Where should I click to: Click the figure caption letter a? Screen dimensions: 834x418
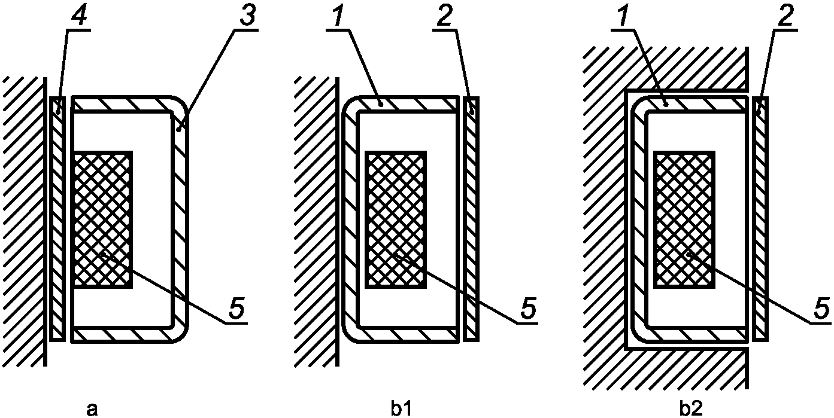tap(91, 408)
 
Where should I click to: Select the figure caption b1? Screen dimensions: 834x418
tap(402, 408)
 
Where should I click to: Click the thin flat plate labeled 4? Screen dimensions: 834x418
tap(58, 218)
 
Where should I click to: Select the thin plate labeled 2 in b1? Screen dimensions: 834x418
tap(471, 218)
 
